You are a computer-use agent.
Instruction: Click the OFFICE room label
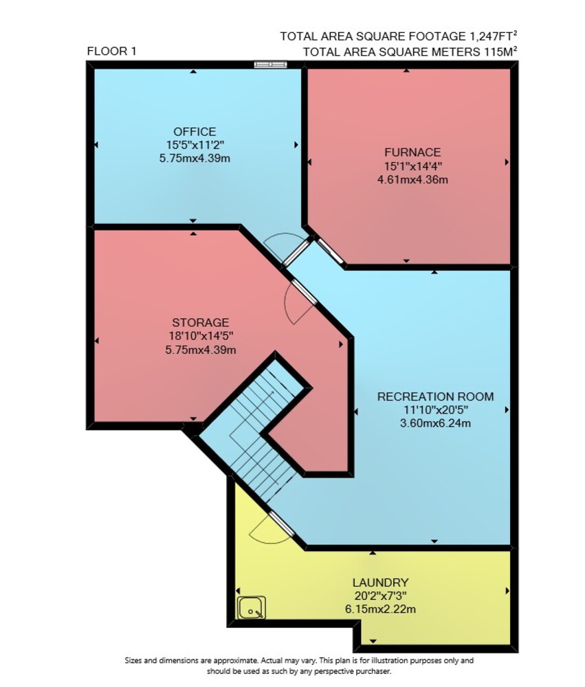tap(195, 131)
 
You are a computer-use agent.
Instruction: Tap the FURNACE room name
tap(412, 152)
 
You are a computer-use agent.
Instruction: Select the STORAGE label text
tap(201, 322)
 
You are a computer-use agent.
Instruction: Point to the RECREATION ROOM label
tap(435, 396)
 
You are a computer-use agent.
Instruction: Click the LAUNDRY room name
tap(381, 583)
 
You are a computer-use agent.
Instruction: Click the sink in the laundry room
tap(252, 608)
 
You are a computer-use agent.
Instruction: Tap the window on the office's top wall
tap(271, 65)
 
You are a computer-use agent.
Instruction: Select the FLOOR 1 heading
tap(112, 52)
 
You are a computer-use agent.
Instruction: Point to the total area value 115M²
tap(500, 52)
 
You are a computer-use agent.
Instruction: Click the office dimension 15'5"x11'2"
tap(195, 144)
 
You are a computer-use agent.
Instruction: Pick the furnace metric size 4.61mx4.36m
tap(412, 179)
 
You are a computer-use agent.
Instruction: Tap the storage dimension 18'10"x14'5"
tap(201, 336)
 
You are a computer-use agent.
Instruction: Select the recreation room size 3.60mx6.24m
tap(435, 423)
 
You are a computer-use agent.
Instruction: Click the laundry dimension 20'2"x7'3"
tap(381, 596)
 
